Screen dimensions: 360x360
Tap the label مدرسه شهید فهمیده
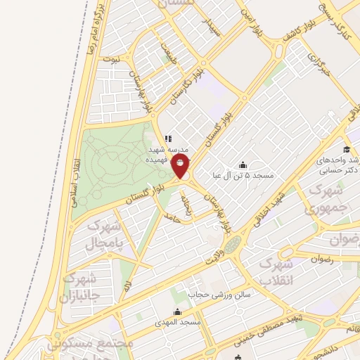click(167, 155)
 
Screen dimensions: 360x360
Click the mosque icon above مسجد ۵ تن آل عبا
click(243, 164)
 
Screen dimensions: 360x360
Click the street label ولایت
click(214, 255)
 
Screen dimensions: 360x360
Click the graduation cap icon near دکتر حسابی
click(347, 149)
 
